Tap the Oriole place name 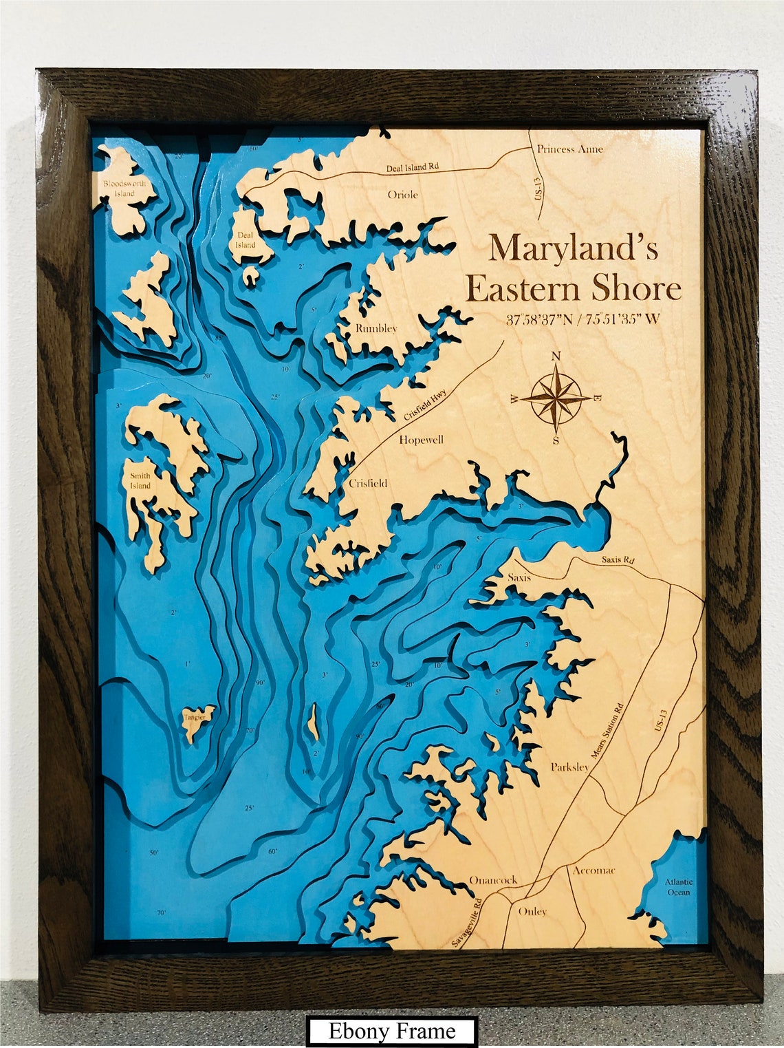coord(402,195)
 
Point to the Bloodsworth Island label coord(124,189)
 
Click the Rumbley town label coord(376,328)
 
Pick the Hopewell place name coord(421,440)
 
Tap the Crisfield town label coord(368,483)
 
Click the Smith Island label coord(140,480)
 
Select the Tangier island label coord(195,717)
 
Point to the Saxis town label coord(519,577)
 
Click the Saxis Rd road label coord(618,559)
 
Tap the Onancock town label coord(492,880)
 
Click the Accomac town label coord(594,870)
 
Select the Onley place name coord(532,911)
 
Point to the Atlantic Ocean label coord(678,887)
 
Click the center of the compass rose coord(556,398)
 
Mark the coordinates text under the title coord(582,319)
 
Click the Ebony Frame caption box coord(392,1031)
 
